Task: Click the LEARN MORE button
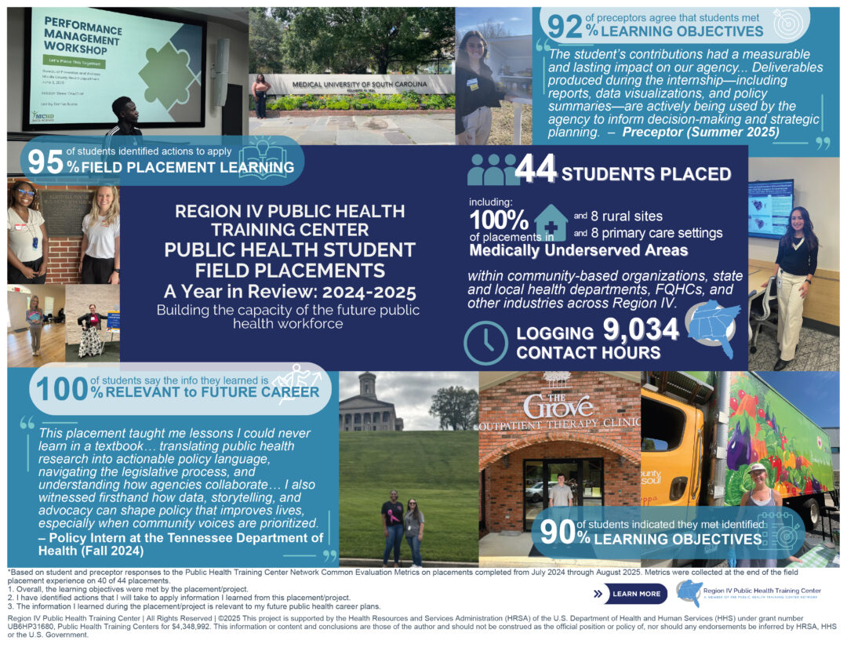point(630,594)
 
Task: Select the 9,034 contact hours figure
point(641,330)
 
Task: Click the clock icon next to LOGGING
point(486,343)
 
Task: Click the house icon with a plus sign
point(551,222)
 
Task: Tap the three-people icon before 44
point(492,169)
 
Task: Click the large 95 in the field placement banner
point(45,161)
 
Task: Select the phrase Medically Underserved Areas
point(579,251)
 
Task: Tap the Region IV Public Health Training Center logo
point(689,592)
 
